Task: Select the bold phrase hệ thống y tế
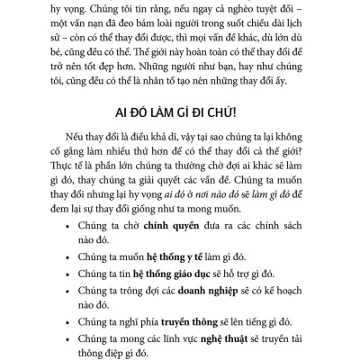pos(166,253)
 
